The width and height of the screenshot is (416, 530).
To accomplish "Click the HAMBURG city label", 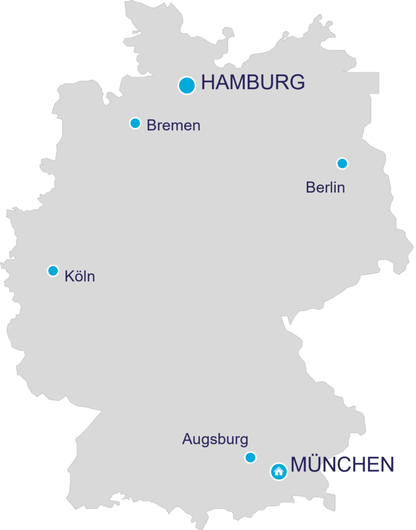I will click(252, 83).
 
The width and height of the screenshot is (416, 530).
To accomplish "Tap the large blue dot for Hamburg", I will click(187, 85).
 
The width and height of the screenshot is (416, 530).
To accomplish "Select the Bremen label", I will click(173, 125).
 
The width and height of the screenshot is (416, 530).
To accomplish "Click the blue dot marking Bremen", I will click(135, 123).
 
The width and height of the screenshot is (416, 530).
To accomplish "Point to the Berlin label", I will click(325, 187).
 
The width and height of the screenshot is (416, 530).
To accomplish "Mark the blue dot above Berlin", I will click(342, 164).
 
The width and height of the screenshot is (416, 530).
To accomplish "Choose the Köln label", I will click(80, 276).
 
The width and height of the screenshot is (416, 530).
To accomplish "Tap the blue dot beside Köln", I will click(53, 271).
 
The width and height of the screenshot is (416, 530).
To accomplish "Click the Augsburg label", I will click(215, 440).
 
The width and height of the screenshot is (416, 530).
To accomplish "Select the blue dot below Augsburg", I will click(250, 458).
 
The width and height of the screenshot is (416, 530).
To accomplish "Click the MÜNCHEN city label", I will click(342, 465).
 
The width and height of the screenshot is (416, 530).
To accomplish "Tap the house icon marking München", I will click(279, 472).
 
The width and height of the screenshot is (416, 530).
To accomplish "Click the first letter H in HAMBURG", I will click(208, 83).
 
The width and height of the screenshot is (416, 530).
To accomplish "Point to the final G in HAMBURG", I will click(296, 83).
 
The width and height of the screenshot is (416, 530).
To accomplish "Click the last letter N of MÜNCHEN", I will click(387, 465).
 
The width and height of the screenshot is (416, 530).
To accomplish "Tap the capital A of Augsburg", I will click(187, 440).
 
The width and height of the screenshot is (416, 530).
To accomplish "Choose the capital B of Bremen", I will click(152, 125).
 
